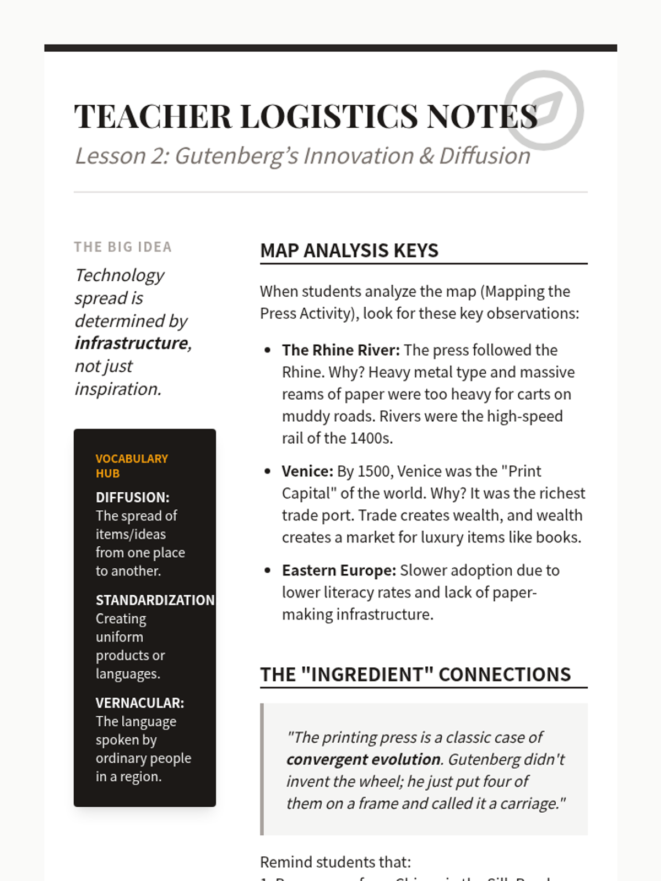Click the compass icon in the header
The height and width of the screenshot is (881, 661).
point(544,110)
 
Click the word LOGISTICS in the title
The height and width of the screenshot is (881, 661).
point(329,116)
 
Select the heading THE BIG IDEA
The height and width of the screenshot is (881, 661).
point(123,247)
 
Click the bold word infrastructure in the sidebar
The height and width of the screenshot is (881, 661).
point(132,343)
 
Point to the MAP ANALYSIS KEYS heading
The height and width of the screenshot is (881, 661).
point(349,251)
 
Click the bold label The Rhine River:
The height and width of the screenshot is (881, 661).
point(340,350)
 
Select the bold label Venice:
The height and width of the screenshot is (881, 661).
point(307,471)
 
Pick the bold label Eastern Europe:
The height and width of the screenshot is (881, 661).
point(339,570)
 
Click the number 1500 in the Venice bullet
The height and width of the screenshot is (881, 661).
point(373,471)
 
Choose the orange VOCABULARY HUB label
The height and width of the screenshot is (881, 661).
point(132,466)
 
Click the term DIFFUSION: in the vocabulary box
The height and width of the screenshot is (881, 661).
point(133,497)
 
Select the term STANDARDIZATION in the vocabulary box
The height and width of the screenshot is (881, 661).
point(155,600)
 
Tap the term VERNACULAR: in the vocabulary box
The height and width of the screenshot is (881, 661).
point(140,703)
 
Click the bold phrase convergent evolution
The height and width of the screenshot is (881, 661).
point(364,760)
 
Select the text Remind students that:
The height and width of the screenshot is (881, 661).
point(335,862)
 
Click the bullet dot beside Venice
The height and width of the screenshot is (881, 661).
point(268,471)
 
